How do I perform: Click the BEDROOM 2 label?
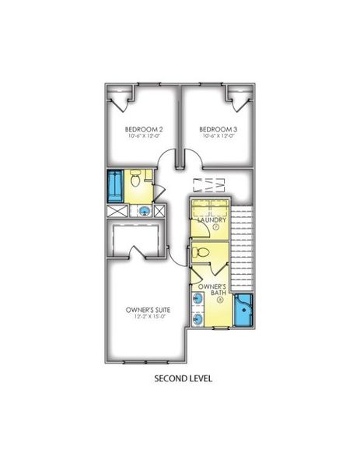pos(144,129)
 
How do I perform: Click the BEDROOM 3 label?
pos(216,129)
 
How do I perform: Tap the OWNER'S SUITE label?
pos(149,310)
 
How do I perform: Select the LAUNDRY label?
pos(211,220)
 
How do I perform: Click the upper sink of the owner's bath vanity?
pos(197,300)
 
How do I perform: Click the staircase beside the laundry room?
pos(243,249)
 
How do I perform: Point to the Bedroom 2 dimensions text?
pos(144,137)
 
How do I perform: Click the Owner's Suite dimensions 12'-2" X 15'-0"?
pos(149,318)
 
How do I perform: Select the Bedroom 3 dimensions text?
pos(216,137)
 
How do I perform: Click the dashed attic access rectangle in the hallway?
pos(209,184)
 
